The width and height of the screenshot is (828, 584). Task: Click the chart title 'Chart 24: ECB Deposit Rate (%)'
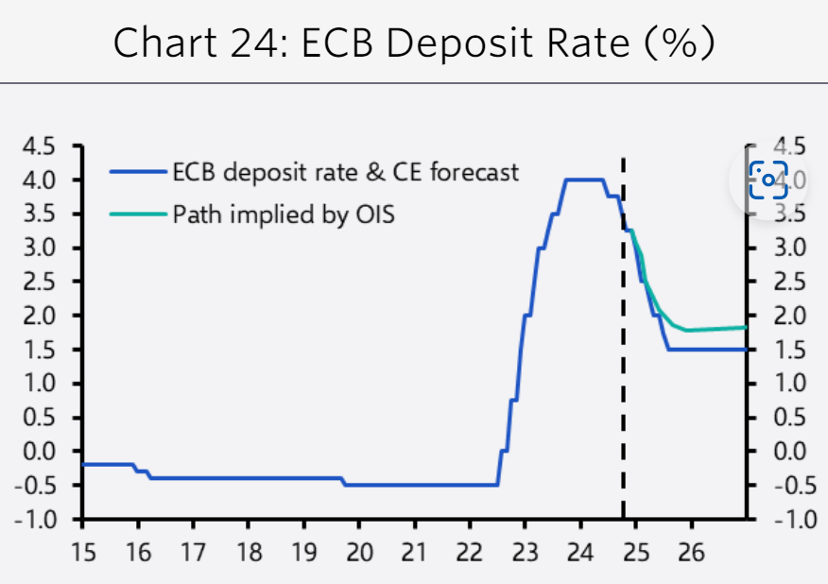[x=414, y=43]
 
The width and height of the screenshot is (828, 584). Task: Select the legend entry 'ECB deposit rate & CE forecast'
[x=345, y=172]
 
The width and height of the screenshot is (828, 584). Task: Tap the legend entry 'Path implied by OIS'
[x=284, y=215]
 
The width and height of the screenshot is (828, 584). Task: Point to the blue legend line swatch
[x=137, y=173]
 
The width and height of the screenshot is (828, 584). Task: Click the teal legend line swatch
[x=137, y=215]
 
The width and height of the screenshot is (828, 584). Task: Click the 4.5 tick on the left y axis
[x=41, y=146]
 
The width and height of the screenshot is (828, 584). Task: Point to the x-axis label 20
[x=359, y=552]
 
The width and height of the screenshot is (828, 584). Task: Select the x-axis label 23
[x=526, y=552]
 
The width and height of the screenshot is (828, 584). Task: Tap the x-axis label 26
[x=692, y=552]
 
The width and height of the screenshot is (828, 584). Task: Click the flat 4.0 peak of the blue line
[x=584, y=180]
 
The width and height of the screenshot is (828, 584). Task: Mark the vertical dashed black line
[x=623, y=378]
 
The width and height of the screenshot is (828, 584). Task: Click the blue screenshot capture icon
[x=768, y=180]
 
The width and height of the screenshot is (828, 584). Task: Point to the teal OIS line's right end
[x=746, y=327]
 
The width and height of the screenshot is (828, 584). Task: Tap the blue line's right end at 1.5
[x=746, y=350]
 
